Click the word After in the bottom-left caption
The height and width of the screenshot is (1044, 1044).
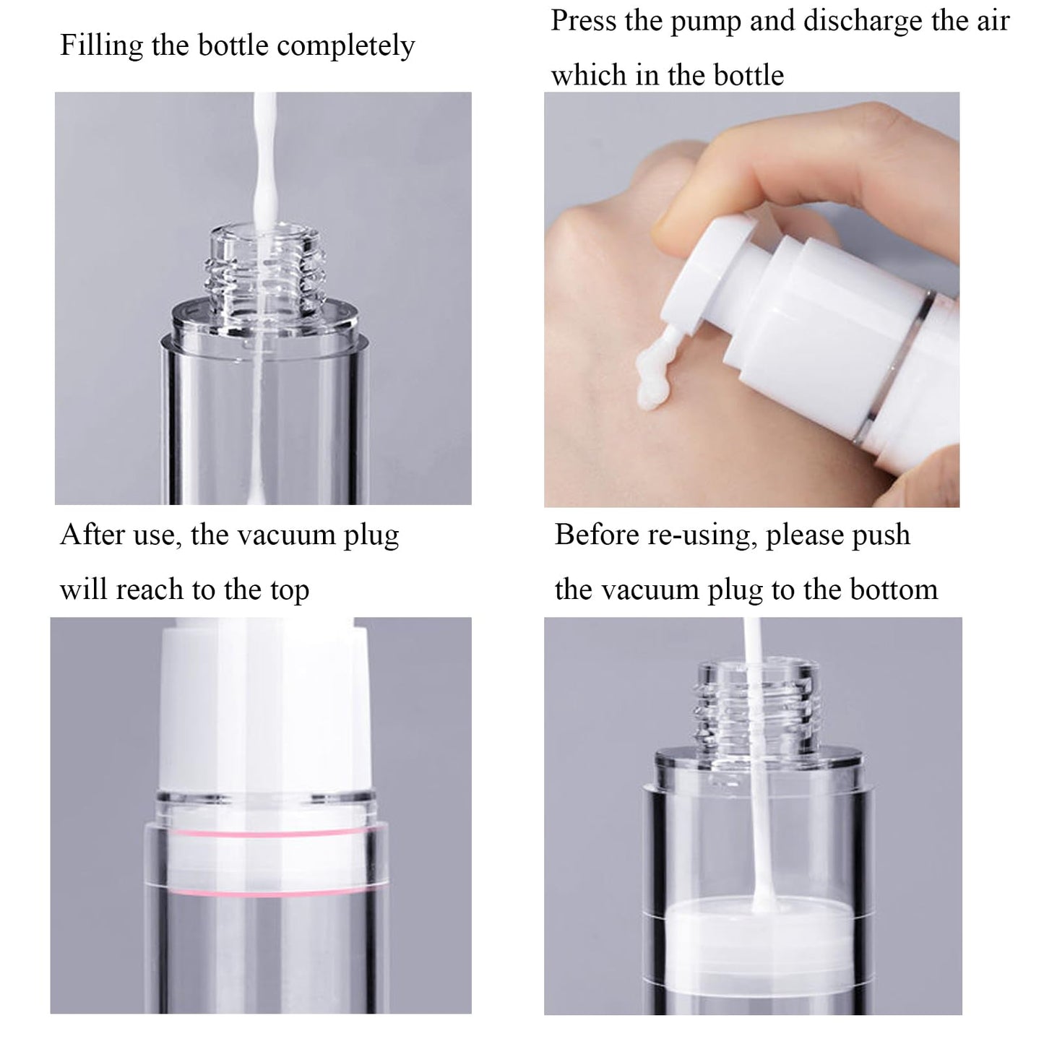click(x=92, y=535)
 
